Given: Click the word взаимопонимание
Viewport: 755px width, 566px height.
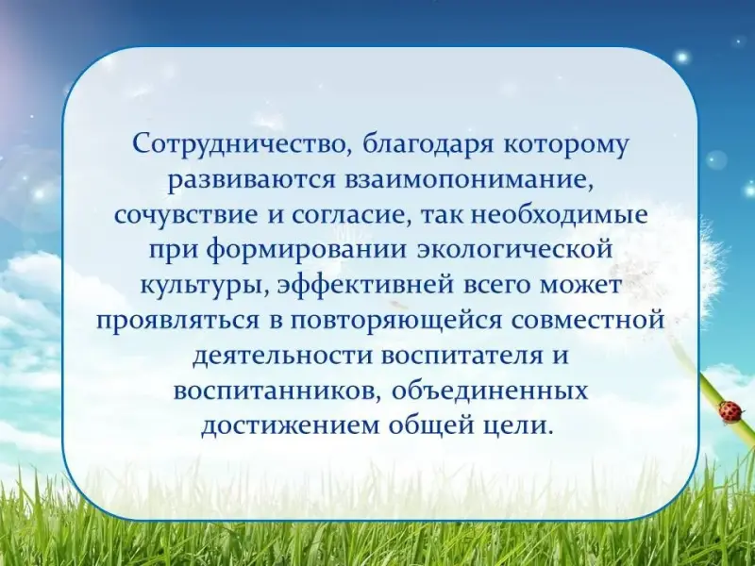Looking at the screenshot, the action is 469,180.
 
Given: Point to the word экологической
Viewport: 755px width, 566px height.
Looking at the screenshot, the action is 515,250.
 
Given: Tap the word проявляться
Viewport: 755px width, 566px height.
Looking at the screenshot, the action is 178,321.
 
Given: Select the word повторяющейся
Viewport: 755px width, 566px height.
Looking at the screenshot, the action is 395,321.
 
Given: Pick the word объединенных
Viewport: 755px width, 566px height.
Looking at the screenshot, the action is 491,391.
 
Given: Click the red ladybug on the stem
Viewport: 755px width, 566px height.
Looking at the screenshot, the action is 730,412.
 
